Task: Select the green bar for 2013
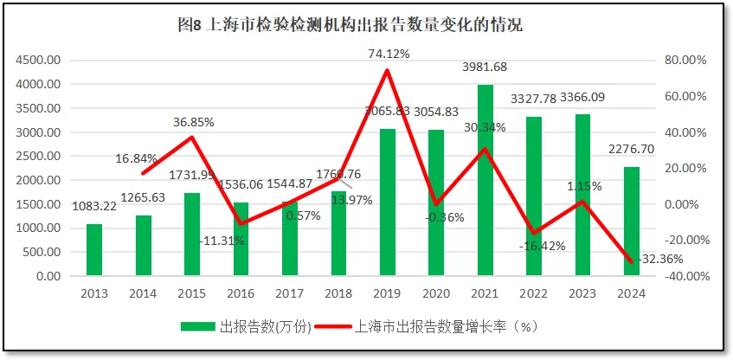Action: click(x=93, y=250)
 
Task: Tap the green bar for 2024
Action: click(x=633, y=222)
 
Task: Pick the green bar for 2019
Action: click(x=388, y=202)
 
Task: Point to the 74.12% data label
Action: click(x=389, y=54)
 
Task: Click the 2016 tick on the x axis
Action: click(x=241, y=292)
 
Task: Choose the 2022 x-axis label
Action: click(x=535, y=292)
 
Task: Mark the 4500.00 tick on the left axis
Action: click(x=37, y=61)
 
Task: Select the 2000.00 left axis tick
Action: click(x=37, y=180)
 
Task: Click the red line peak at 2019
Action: click(x=388, y=70)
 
